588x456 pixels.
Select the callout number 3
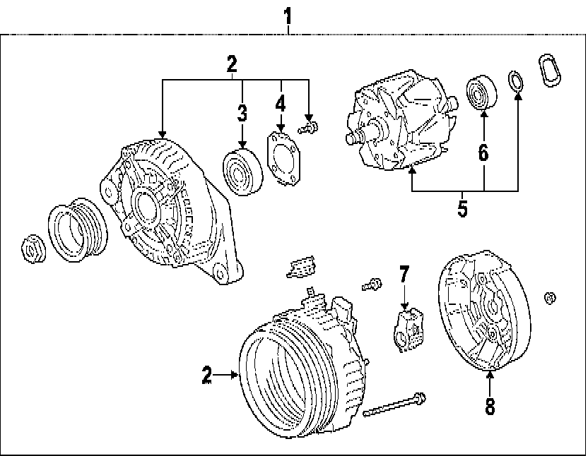(x=242, y=112)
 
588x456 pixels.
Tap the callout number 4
(x=281, y=104)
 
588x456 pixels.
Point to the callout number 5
(x=463, y=209)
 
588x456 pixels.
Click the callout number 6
(x=483, y=153)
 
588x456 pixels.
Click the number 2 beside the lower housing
(x=206, y=375)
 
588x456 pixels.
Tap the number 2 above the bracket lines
(x=231, y=65)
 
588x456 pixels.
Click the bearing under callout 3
(x=242, y=170)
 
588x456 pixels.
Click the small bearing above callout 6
(x=483, y=92)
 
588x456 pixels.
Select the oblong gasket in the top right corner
(x=551, y=71)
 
